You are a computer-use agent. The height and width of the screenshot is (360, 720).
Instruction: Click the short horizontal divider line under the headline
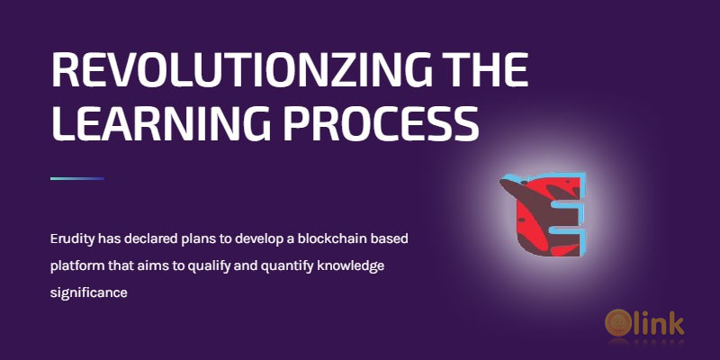77,178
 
